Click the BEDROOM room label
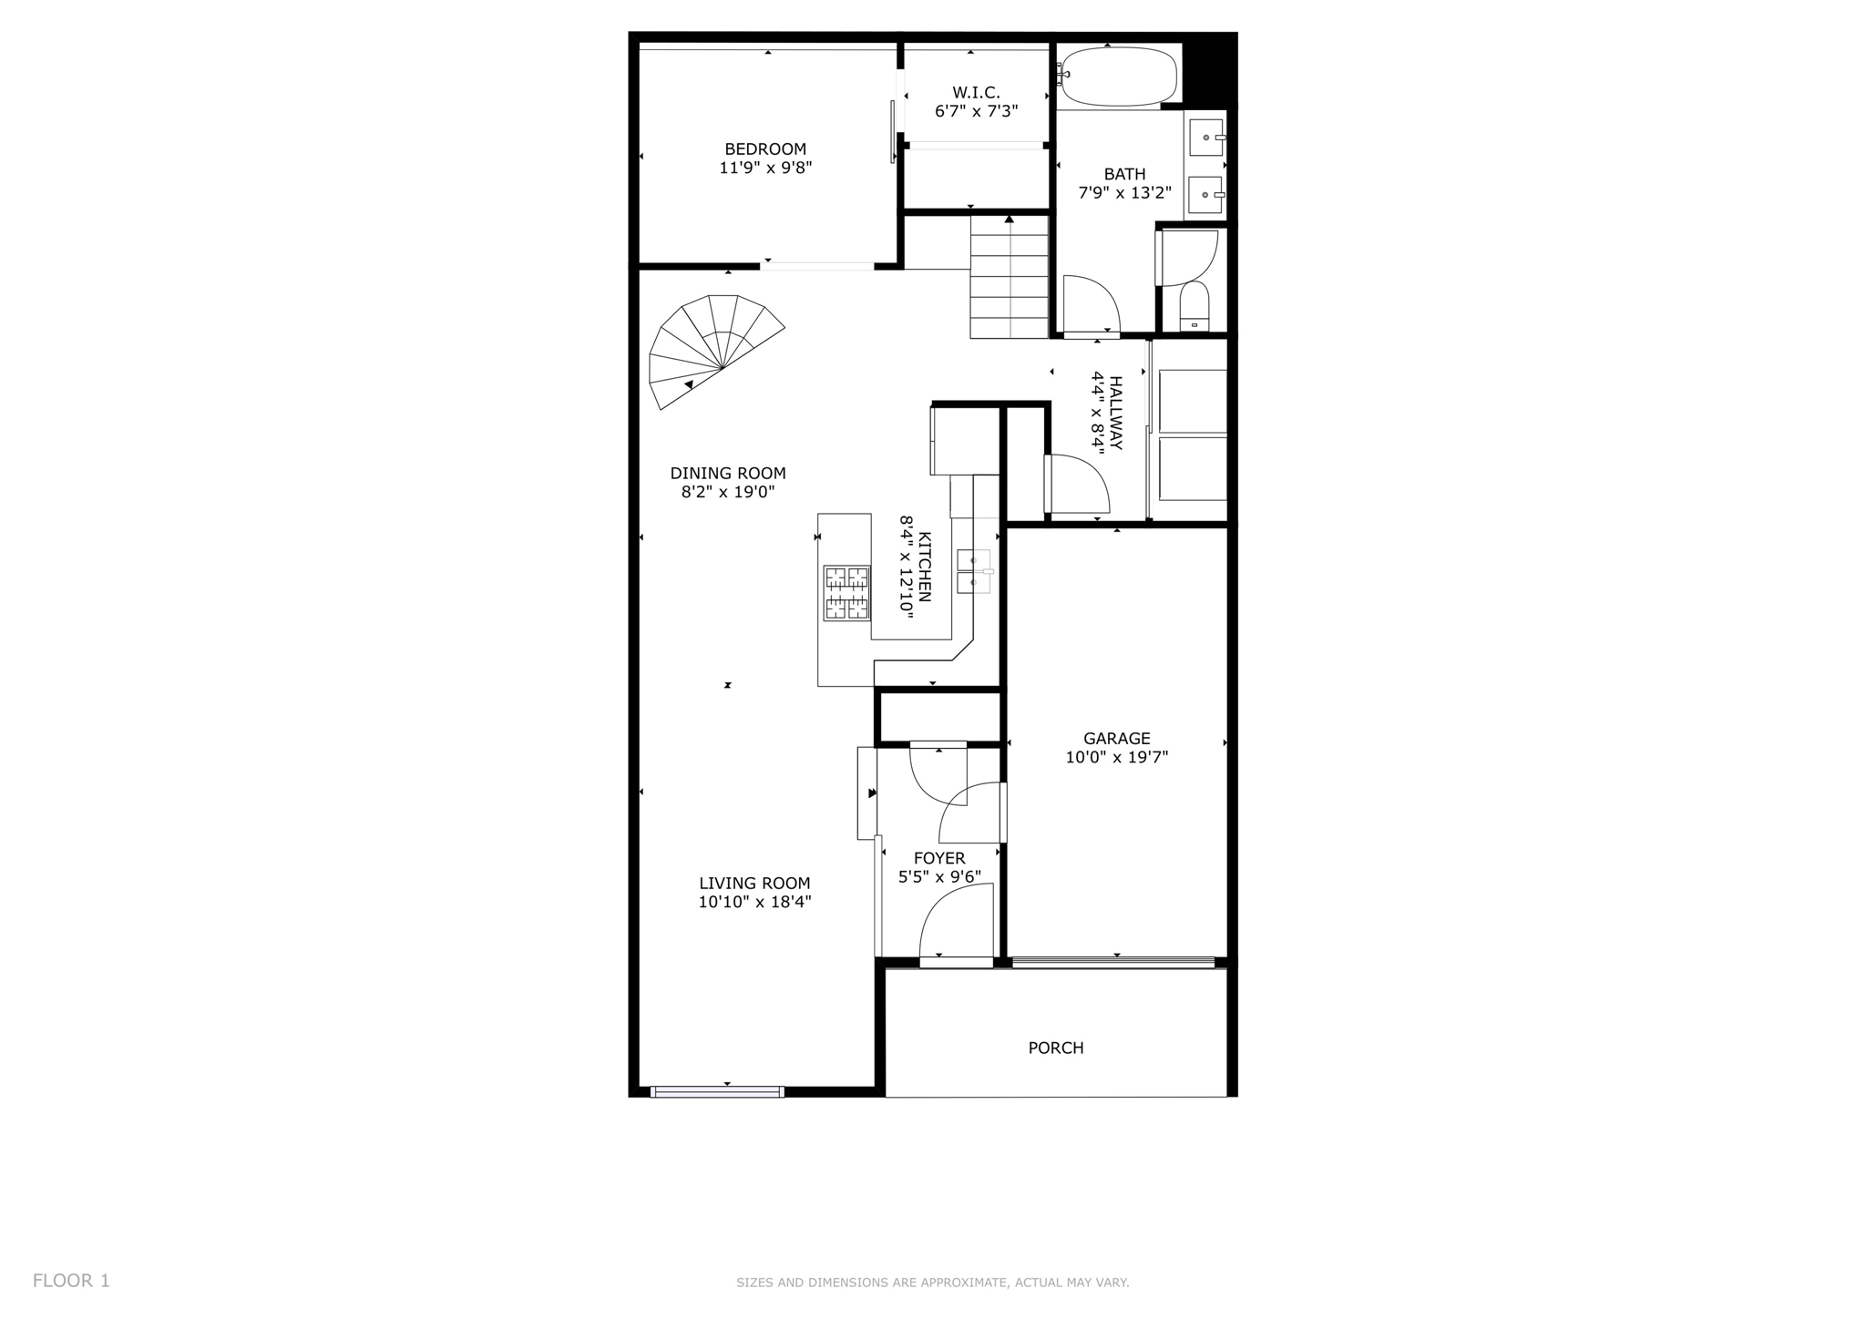[x=765, y=148]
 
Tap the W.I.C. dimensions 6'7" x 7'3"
[x=976, y=111]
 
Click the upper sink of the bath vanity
[x=1205, y=138]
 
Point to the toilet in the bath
[x=1194, y=307]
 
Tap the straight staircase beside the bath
[x=1009, y=278]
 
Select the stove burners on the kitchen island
[x=846, y=593]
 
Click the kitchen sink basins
[x=973, y=571]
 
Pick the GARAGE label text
[x=1116, y=738]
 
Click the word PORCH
[x=1056, y=1048]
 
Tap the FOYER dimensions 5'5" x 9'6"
[x=939, y=877]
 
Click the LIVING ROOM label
[x=754, y=883]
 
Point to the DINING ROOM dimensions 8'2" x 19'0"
[x=728, y=492]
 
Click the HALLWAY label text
[x=1116, y=413]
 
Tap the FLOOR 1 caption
[x=71, y=1281]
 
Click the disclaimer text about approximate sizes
[x=932, y=1283]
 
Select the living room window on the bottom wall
[x=717, y=1091]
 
